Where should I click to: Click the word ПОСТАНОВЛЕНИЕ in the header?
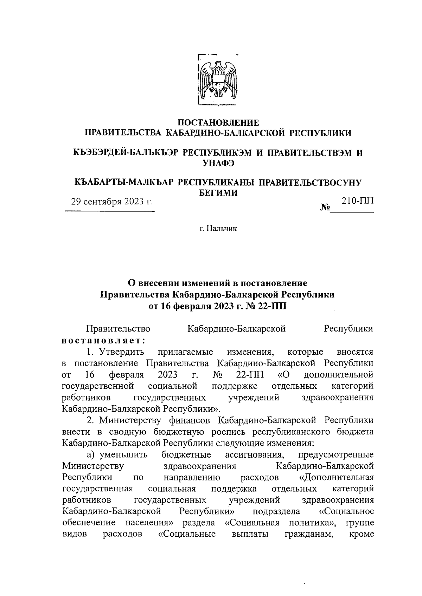pos(218,123)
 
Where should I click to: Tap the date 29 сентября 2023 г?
pos(112,202)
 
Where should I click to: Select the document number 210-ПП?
pos(357,201)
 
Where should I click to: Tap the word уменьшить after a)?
pos(123,455)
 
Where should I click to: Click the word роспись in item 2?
pos(230,432)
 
